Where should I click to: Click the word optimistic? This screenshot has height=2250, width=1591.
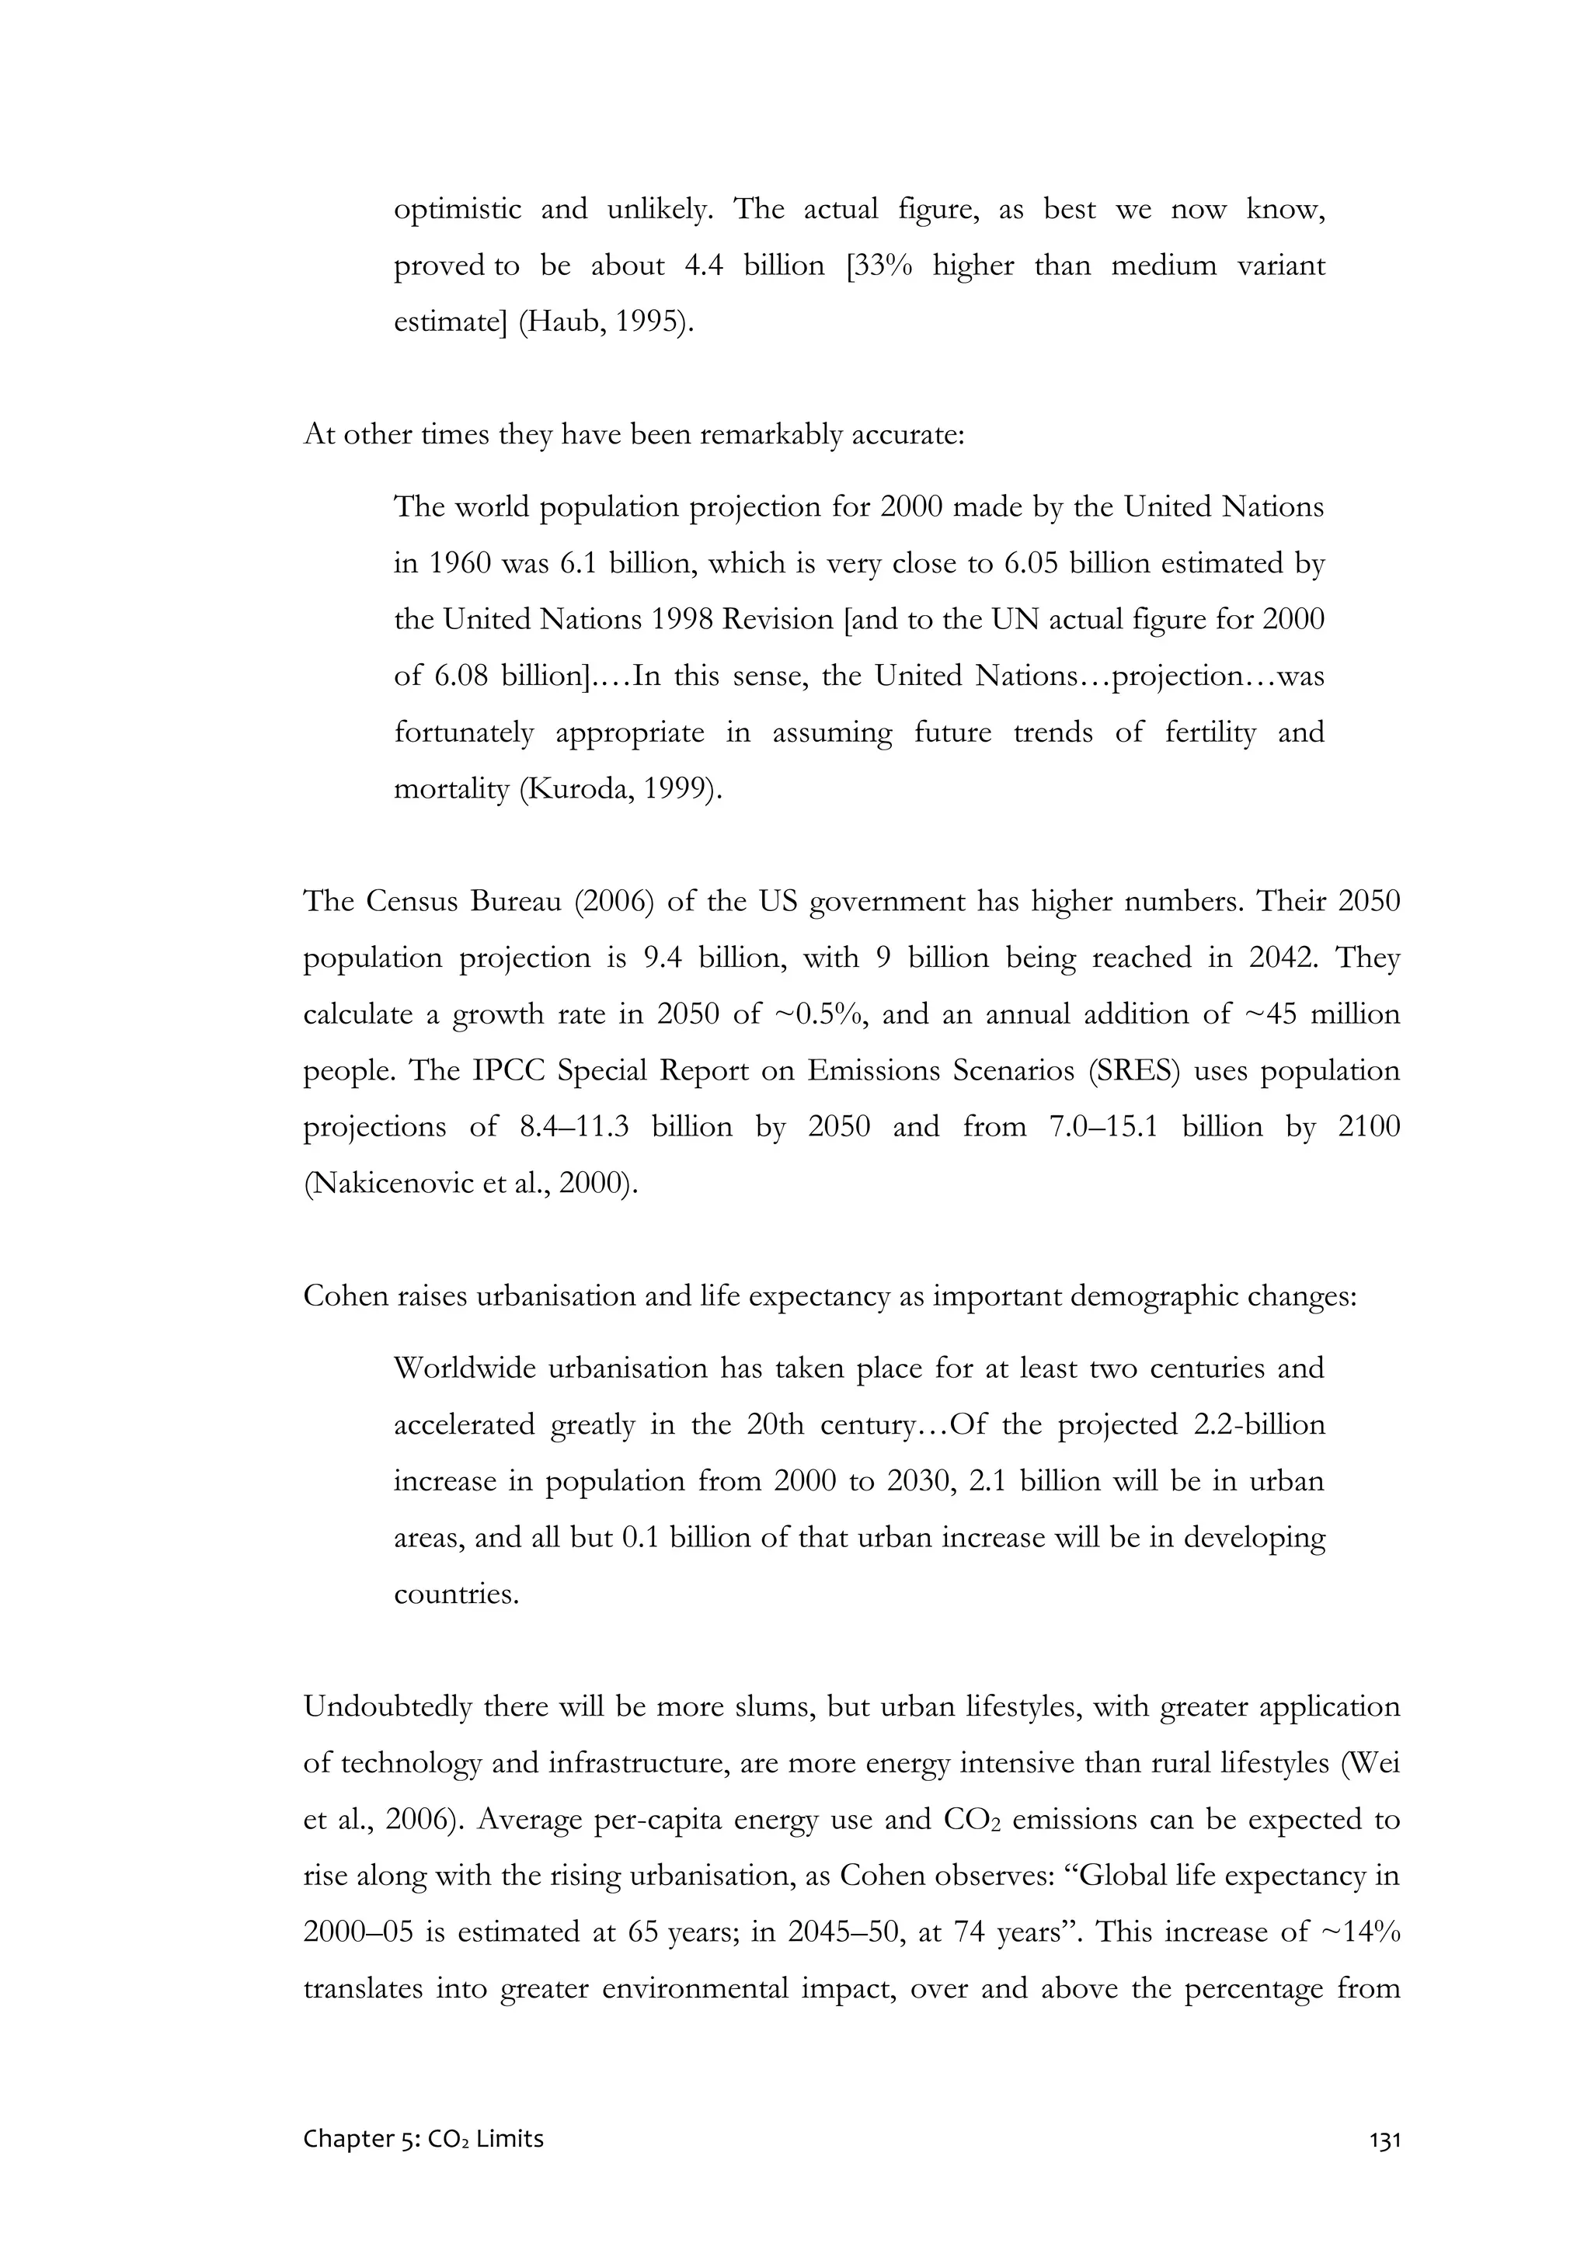point(458,210)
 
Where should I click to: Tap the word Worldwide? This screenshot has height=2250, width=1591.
point(461,1368)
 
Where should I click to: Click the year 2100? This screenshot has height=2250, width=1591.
point(1370,1127)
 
